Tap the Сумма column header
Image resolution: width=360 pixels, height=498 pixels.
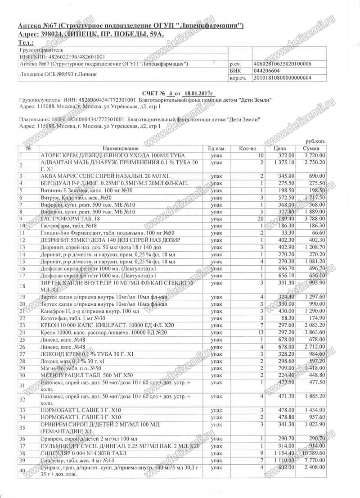[310, 148]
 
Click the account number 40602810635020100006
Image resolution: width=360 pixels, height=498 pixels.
[283, 64]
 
